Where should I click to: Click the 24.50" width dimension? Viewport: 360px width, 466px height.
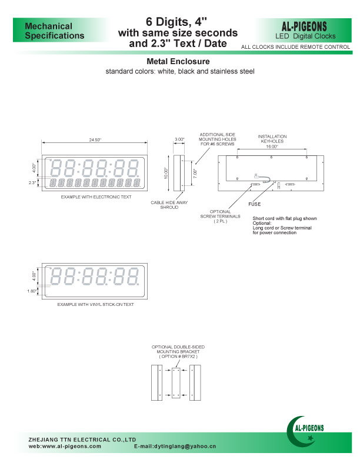(95, 140)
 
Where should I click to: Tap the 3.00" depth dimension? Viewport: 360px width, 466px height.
(179, 139)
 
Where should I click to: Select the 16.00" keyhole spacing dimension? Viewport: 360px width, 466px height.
(272, 146)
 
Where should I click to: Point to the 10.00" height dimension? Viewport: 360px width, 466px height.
(166, 173)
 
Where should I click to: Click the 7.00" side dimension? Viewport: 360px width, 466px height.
(195, 173)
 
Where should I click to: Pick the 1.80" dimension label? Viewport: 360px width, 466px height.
(32, 291)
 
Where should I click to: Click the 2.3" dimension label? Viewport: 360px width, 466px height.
(33, 183)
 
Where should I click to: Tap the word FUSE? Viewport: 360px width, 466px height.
(255, 204)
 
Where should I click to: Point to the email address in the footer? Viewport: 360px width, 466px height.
(175, 447)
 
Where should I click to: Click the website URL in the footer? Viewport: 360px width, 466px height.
(65, 447)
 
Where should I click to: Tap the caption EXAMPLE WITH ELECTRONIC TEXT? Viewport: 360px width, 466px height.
(96, 197)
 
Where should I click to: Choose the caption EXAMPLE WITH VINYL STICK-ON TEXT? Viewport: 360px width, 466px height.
(95, 304)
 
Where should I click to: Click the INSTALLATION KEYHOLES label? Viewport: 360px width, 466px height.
(272, 139)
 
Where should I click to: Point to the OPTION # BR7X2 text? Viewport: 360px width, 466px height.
(178, 357)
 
